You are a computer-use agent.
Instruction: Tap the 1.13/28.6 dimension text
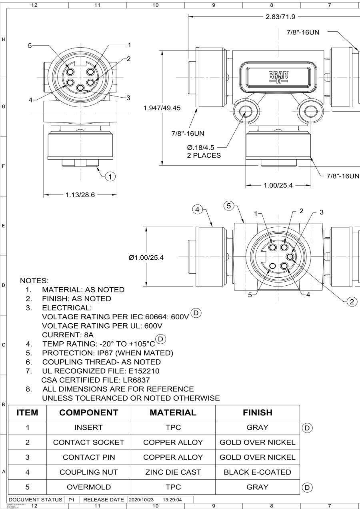80,195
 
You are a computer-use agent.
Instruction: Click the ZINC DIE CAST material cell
173,472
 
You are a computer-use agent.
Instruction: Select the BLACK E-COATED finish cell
258,472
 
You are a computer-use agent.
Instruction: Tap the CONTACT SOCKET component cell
89,443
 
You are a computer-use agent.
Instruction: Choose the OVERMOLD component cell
89,487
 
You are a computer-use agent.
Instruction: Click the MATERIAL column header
173,413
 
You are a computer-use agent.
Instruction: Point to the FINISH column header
258,413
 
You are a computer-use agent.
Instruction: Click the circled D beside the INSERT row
307,428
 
